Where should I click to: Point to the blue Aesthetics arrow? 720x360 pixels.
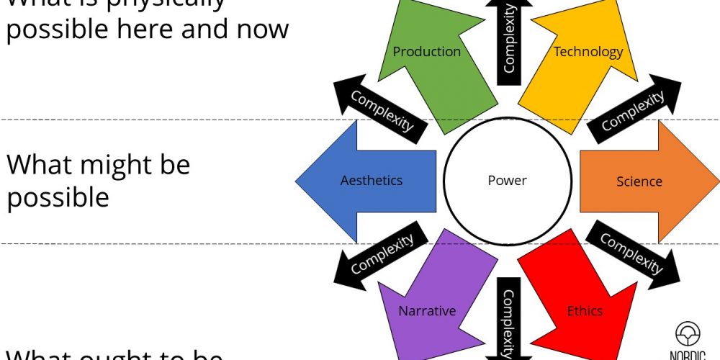(367, 180)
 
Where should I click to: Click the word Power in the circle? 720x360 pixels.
(507, 180)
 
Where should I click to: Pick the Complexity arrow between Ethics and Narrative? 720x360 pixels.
(508, 320)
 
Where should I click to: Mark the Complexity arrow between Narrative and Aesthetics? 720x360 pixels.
(382, 253)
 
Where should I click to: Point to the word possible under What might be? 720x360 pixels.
(58, 197)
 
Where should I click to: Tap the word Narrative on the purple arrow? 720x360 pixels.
(427, 311)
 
